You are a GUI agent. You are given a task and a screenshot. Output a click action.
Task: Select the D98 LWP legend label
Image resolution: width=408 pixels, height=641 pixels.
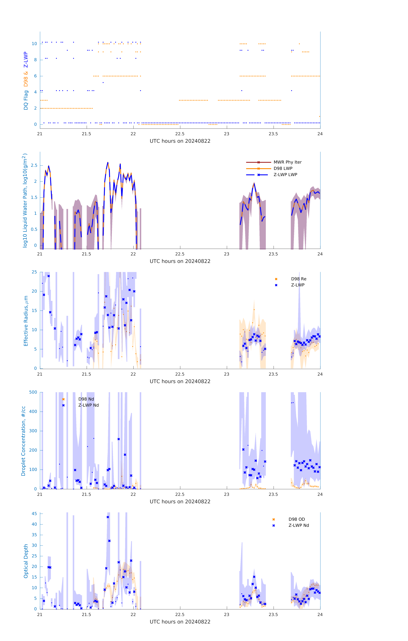283,168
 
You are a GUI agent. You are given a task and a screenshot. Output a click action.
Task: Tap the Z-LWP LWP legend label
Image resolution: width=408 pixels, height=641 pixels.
285,175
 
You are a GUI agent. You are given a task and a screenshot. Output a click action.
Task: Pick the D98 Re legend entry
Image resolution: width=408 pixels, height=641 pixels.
298,279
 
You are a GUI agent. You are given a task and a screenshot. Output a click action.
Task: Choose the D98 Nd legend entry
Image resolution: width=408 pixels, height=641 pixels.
86,399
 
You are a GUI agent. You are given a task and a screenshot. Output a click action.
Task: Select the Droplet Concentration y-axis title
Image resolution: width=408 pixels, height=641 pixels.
23,441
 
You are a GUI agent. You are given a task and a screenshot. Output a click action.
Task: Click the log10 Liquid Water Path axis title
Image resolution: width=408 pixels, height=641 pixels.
25,200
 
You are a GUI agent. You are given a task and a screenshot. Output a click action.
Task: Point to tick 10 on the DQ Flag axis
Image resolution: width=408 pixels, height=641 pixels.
34,44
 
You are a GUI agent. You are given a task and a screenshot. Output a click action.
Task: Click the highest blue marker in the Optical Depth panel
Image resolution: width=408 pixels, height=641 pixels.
108,517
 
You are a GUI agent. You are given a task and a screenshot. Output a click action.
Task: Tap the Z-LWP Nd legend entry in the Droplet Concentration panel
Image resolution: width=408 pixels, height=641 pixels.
88,405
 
